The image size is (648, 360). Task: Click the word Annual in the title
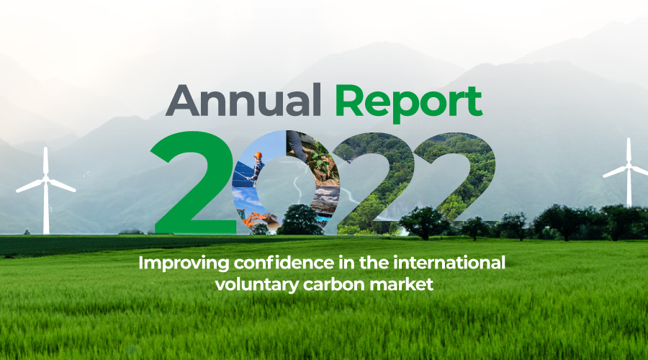(243, 100)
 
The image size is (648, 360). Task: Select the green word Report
(409, 104)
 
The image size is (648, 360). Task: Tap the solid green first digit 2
(194, 183)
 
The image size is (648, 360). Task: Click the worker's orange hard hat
(258, 155)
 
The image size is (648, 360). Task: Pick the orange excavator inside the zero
(256, 219)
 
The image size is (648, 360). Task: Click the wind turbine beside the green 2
(46, 191)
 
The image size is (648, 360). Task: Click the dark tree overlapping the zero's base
(300, 220)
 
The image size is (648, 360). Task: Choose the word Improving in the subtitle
(184, 264)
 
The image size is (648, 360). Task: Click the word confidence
(284, 263)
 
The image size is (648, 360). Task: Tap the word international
(449, 263)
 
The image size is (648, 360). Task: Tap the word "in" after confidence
(346, 263)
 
